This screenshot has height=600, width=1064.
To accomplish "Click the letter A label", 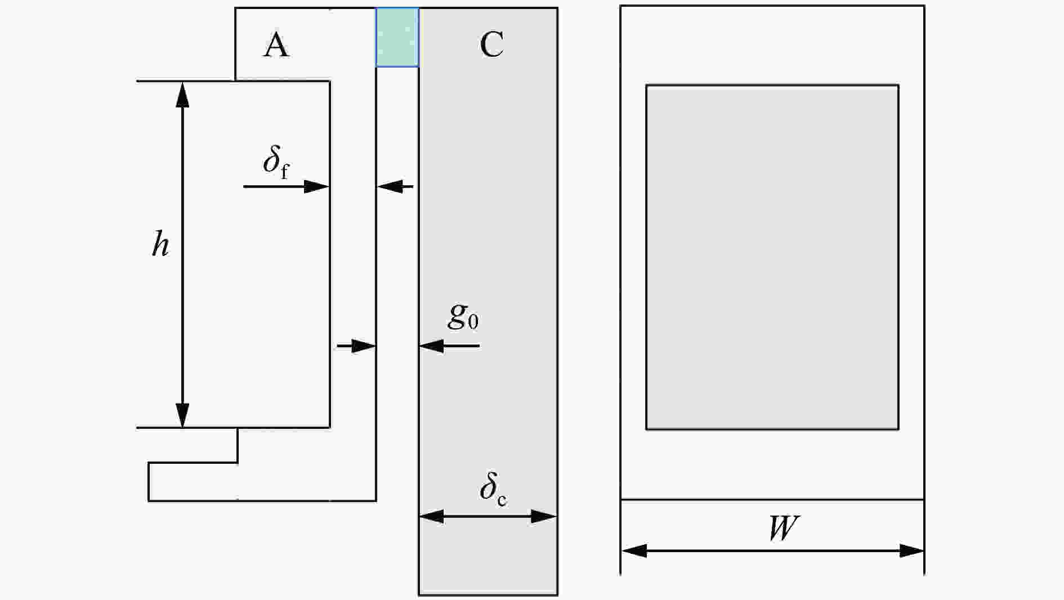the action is pyautogui.click(x=276, y=45).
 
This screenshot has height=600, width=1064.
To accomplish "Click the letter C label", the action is pyautogui.click(x=492, y=44).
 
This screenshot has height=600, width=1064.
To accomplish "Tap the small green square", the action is pyautogui.click(x=397, y=37).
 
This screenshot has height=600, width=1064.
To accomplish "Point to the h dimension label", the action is pyautogui.click(x=161, y=245).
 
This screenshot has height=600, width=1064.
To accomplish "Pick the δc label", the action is pyautogui.click(x=493, y=487).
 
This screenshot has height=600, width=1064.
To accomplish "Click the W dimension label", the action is pyautogui.click(x=783, y=528).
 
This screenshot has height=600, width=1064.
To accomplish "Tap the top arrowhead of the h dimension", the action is pyautogui.click(x=182, y=95).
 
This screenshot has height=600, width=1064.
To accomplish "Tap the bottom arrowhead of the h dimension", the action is pyautogui.click(x=182, y=415).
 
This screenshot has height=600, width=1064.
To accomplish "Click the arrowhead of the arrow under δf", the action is pyautogui.click(x=316, y=186).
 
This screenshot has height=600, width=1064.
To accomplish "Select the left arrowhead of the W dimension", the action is pyautogui.click(x=634, y=550).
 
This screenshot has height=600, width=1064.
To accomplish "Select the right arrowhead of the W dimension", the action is pyautogui.click(x=911, y=550).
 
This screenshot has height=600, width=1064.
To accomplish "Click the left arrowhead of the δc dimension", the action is pyautogui.click(x=432, y=516).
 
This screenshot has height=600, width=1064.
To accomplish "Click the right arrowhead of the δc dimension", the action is pyautogui.click(x=544, y=516).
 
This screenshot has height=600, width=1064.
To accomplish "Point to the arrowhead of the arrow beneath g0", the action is pyautogui.click(x=432, y=346).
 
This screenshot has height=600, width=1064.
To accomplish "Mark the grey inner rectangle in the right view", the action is pyautogui.click(x=772, y=257).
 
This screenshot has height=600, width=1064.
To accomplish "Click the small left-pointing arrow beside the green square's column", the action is pyautogui.click(x=395, y=186).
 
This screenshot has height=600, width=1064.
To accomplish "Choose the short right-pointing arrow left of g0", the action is pyautogui.click(x=356, y=346).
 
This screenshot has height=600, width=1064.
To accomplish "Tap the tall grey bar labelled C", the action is pyautogui.click(x=488, y=301).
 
